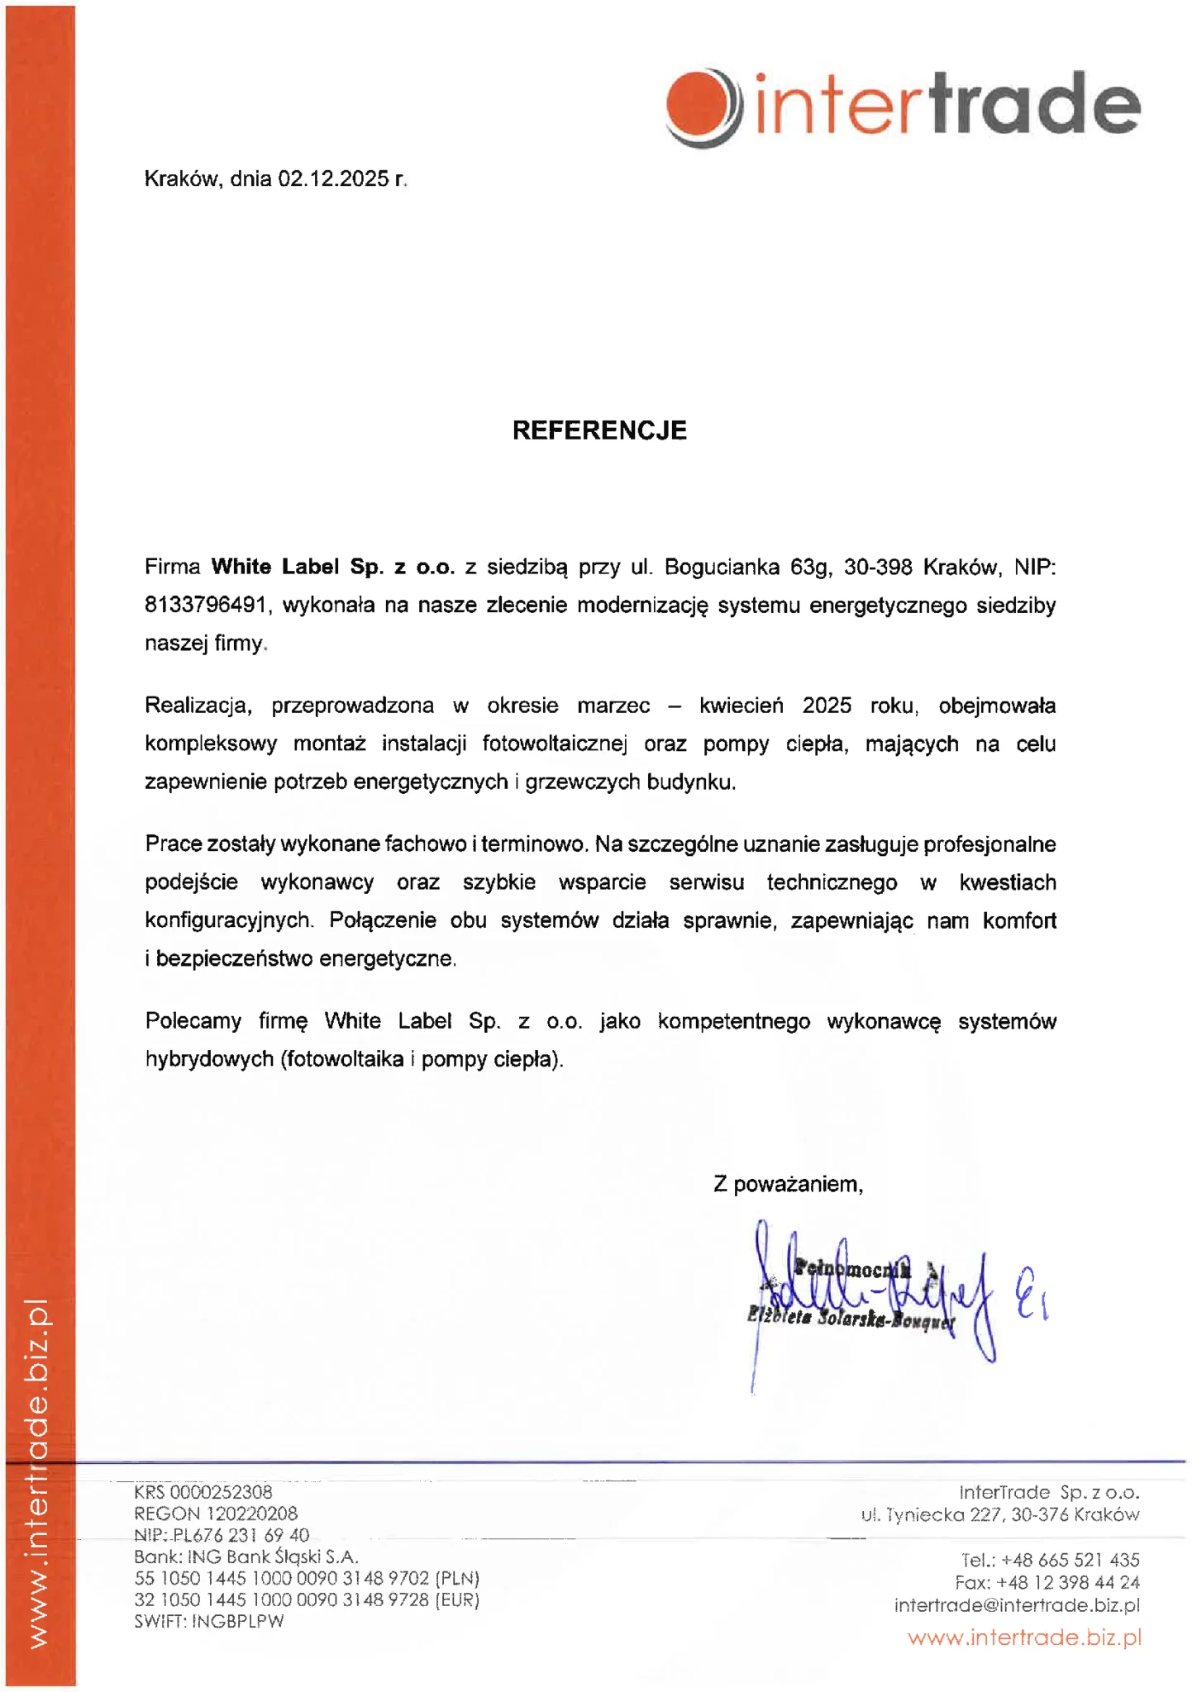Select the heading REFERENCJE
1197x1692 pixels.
[599, 430]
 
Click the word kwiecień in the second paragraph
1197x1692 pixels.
[741, 706]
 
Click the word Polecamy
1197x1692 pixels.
[193, 1021]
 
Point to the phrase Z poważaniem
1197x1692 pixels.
[788, 1184]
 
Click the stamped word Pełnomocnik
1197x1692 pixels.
[852, 1269]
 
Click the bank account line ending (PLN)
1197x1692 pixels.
[307, 1578]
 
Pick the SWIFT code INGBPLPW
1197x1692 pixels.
[238, 1621]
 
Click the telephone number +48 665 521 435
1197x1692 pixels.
[1070, 1560]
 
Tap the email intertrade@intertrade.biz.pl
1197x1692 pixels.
[1017, 1605]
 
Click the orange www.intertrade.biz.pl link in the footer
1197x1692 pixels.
[1024, 1637]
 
